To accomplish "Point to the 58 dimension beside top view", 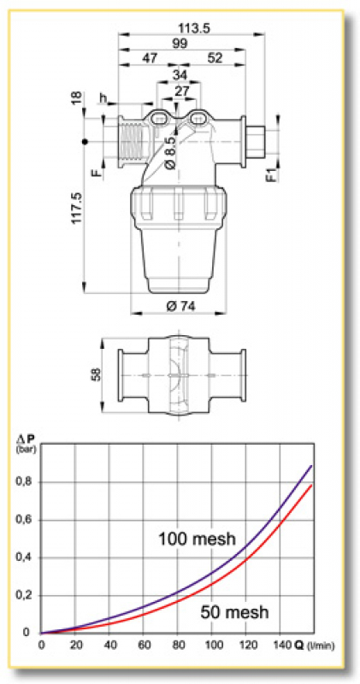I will [x=96, y=374].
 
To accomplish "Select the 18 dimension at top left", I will [x=75, y=103].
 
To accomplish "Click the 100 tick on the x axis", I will [x=214, y=644].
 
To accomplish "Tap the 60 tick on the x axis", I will [x=145, y=644].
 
